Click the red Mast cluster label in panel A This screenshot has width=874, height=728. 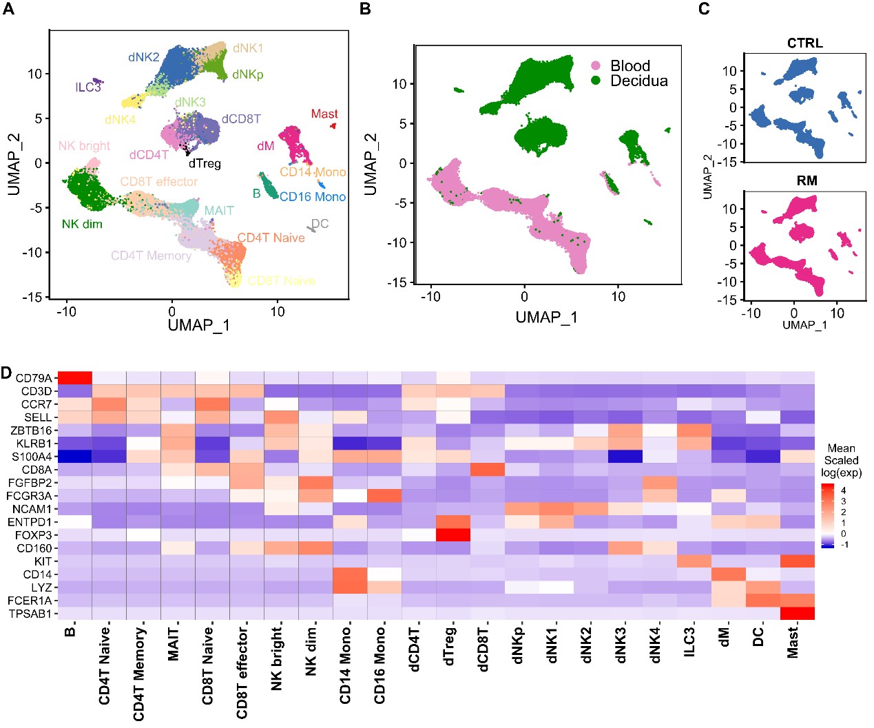coord(324,114)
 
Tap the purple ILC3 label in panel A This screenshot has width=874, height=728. coord(88,87)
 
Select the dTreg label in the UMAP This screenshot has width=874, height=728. coord(205,164)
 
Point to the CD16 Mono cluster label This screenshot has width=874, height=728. coord(313,197)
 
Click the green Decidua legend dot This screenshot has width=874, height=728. coord(596,81)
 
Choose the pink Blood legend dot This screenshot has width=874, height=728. coord(596,66)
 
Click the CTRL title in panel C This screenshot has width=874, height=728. coord(804,43)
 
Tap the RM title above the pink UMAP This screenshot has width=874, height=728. coord(807,180)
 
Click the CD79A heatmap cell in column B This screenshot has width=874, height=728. coord(74,377)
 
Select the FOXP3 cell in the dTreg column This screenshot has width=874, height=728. coord(453,535)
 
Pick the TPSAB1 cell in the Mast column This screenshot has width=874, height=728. coord(797,613)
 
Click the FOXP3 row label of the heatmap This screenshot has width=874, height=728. coord(34,535)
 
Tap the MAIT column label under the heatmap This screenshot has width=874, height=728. coord(174,644)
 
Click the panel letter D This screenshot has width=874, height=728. coord(6,373)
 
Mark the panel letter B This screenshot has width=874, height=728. coord(365,9)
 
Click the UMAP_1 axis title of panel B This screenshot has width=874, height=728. coord(546,317)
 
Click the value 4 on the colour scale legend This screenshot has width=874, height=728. coord(844,491)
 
